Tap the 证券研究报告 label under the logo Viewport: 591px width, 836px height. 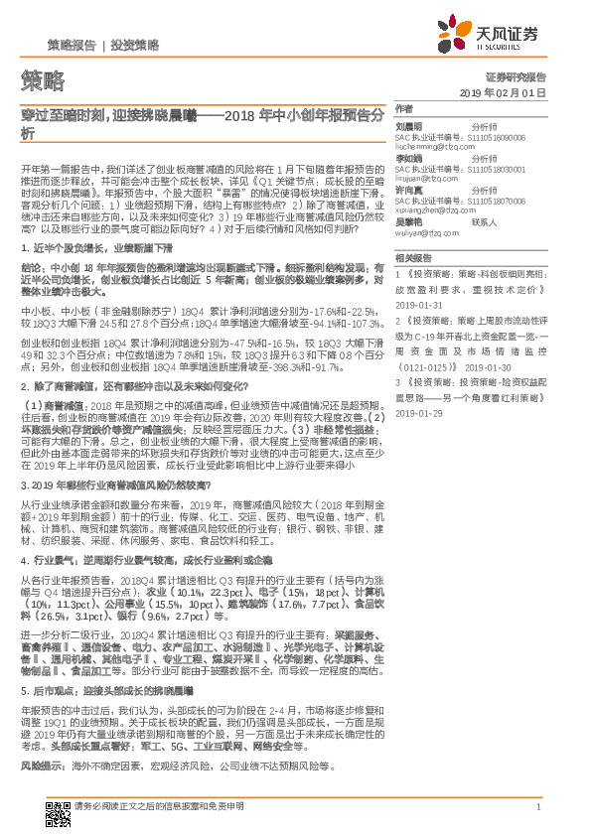pos(517,76)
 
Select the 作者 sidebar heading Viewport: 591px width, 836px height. pos(404,108)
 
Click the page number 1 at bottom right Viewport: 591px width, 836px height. pos(537,807)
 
